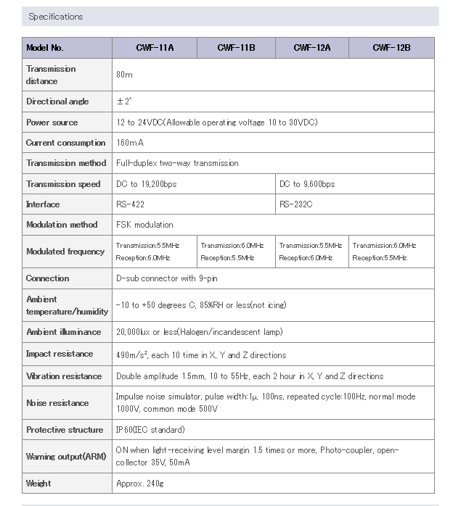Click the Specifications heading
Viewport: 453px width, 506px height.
tap(55, 17)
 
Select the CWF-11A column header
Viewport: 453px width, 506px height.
tap(155, 48)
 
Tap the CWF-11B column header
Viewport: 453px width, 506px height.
tap(236, 48)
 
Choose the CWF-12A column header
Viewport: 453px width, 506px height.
tap(312, 48)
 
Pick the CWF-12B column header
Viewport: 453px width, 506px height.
tap(391, 48)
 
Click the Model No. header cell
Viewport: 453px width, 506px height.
tap(45, 48)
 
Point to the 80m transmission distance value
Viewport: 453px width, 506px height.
tap(124, 75)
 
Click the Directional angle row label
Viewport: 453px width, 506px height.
tap(57, 101)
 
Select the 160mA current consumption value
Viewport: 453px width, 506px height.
tap(130, 143)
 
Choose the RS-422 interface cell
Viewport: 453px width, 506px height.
tap(130, 204)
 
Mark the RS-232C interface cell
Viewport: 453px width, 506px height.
tap(296, 204)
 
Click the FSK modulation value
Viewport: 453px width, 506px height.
tap(144, 225)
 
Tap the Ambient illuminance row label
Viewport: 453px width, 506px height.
tap(63, 332)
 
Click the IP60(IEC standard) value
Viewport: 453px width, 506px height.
tap(150, 430)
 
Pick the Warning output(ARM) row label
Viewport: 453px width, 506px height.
tap(65, 457)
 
